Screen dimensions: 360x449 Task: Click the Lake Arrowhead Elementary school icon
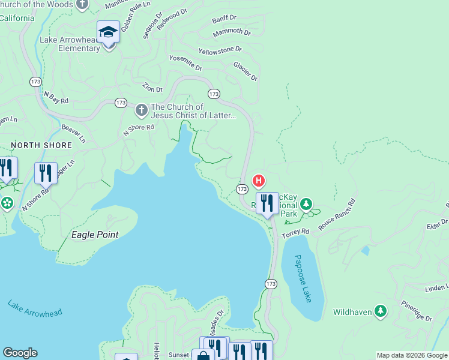pyautogui.click(x=109, y=32)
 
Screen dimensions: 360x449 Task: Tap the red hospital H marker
pyautogui.click(x=259, y=180)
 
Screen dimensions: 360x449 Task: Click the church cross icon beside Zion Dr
pyautogui.click(x=141, y=110)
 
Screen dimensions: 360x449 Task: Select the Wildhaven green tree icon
pyautogui.click(x=380, y=311)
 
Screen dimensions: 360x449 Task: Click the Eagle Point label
pyautogui.click(x=95, y=235)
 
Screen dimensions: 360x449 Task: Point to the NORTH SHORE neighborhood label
pyautogui.click(x=41, y=145)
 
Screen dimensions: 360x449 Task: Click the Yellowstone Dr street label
pyautogui.click(x=220, y=50)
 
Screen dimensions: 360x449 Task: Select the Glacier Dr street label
pyautogui.click(x=246, y=71)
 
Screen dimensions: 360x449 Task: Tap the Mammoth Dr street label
pyautogui.click(x=232, y=31)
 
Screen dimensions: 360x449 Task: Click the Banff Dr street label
pyautogui.click(x=225, y=20)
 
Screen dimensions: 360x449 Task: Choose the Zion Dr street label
pyautogui.click(x=152, y=88)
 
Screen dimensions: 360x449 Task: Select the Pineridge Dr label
pyautogui.click(x=417, y=312)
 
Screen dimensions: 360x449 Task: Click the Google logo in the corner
pyautogui.click(x=20, y=353)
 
